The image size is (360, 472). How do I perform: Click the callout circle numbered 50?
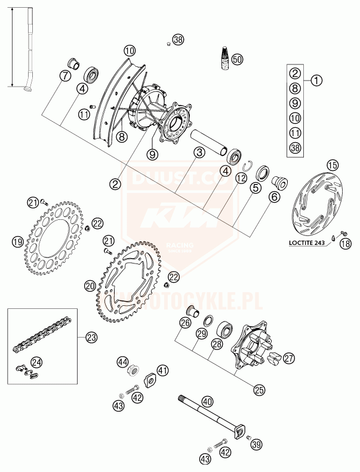click(x=238, y=60)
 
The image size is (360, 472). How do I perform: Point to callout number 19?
click(x=17, y=242)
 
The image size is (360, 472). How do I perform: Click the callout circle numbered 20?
click(x=90, y=286)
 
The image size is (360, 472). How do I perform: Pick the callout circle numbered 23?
click(x=91, y=338)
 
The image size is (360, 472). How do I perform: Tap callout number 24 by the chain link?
click(x=37, y=361)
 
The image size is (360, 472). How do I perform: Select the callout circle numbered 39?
click(x=257, y=444)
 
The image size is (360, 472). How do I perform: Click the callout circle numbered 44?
click(x=123, y=361)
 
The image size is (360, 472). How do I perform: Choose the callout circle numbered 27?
click(x=289, y=358)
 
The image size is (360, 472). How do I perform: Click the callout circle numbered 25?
click(x=258, y=390)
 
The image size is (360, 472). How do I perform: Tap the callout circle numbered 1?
click(x=316, y=78)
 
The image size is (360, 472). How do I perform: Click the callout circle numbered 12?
click(x=240, y=177)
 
